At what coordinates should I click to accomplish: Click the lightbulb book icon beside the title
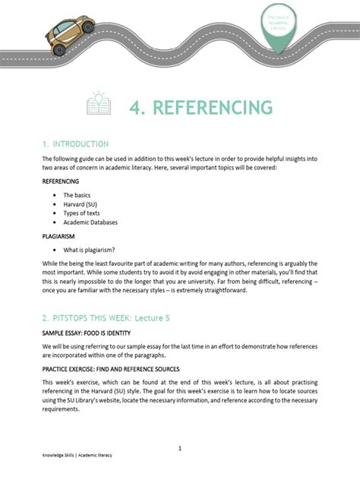pos(99,104)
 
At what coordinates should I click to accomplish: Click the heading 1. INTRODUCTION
pos(75,144)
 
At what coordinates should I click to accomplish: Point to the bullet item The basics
pos(77,195)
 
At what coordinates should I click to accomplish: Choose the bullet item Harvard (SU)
pos(81,204)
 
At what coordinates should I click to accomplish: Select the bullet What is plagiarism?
pos(90,250)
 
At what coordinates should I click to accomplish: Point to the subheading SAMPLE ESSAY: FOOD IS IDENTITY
pos(87,333)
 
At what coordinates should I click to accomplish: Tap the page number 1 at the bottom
pos(180,449)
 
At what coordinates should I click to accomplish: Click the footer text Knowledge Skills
pos(60,466)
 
